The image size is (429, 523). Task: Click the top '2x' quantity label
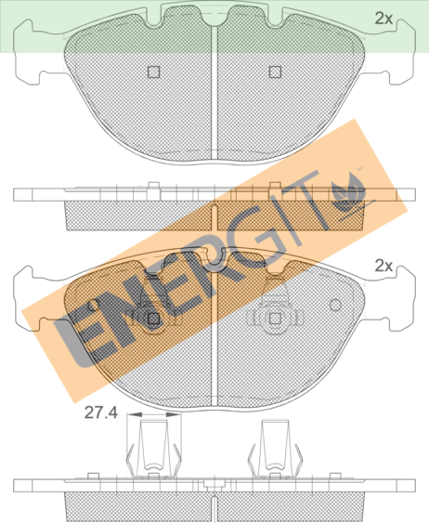(x=383, y=19)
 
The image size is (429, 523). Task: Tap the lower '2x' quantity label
(x=383, y=266)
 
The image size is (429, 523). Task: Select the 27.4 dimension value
(x=101, y=412)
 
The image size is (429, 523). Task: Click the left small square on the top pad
(x=153, y=72)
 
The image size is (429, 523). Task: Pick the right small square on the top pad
(x=275, y=72)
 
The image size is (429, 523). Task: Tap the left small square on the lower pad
(x=153, y=319)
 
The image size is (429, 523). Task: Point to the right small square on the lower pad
(x=275, y=319)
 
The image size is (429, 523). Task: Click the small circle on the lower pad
(x=335, y=305)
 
